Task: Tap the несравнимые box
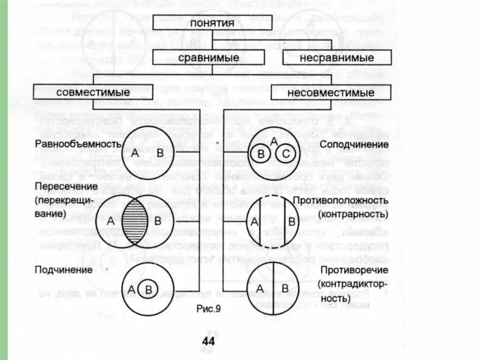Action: click(337, 58)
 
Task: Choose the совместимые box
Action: click(93, 92)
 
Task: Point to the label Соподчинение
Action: click(355, 144)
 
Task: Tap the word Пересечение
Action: click(66, 187)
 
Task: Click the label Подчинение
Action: click(63, 270)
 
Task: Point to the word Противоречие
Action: click(355, 270)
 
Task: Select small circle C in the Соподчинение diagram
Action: click(285, 153)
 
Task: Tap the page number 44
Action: click(208, 341)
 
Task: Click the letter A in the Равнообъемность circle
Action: click(135, 153)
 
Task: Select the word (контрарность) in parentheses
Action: click(353, 214)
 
